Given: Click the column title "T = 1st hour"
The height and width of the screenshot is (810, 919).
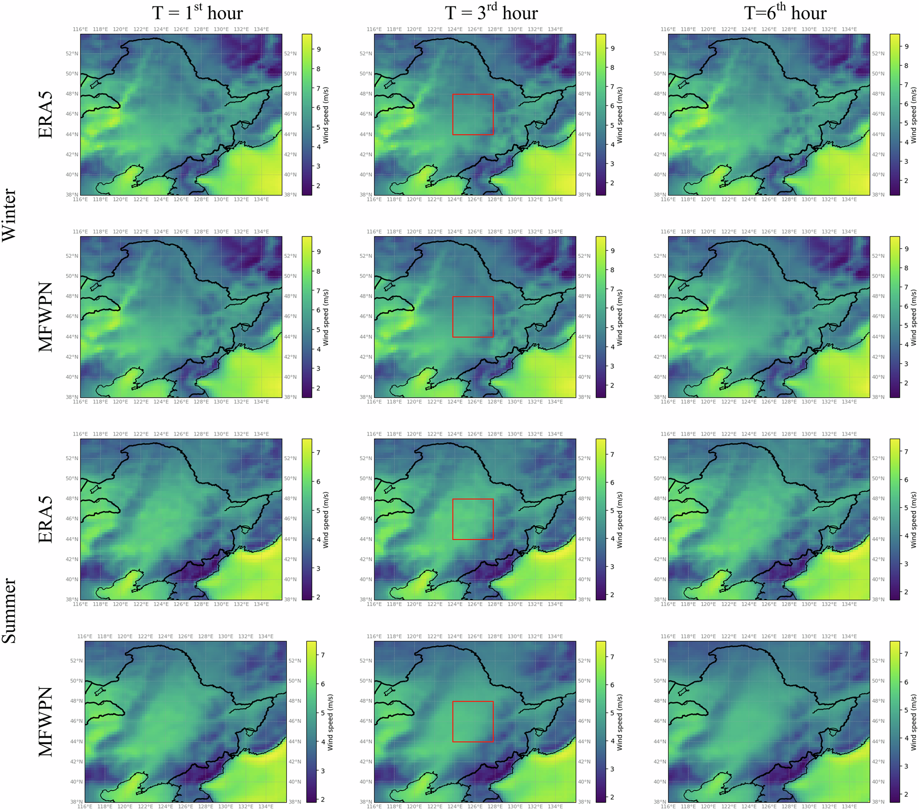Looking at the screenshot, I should point(198,13).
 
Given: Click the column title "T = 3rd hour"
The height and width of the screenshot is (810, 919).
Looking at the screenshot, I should point(491,13).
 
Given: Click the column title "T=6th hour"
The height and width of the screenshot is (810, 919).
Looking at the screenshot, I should point(785,13).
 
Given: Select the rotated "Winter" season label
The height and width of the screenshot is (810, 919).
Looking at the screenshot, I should point(9,214).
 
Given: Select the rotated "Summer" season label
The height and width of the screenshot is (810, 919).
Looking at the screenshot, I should point(9,610).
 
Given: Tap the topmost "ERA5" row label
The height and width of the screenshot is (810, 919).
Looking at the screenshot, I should point(46,115).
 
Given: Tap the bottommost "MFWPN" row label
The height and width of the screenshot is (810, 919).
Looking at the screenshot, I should point(46,722).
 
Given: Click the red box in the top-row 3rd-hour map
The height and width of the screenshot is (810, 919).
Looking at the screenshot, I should point(473,114).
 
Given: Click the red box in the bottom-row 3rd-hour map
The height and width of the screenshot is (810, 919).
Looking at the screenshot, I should point(473,721).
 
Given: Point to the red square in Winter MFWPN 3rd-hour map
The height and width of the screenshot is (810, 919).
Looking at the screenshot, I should point(473,317).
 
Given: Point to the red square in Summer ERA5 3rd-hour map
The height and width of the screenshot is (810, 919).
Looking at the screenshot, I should point(473,519).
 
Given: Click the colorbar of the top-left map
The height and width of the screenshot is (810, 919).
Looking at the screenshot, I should point(307,114).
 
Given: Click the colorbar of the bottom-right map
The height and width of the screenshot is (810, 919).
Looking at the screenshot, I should point(894,721).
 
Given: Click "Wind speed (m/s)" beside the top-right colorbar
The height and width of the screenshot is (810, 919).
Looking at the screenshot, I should point(913,115).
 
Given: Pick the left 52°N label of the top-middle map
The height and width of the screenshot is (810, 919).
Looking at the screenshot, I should point(366,53).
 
